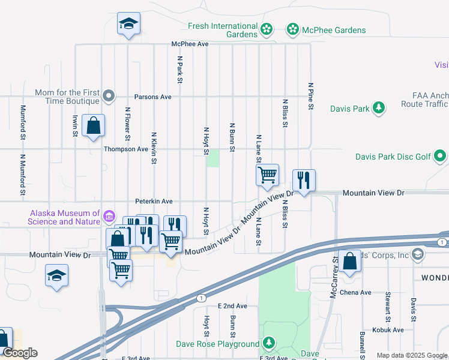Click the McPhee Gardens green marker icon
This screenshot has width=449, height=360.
(292, 29)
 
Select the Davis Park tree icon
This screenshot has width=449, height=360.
(379, 108)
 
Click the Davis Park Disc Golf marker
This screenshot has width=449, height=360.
(441, 157)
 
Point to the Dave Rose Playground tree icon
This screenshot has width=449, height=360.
(270, 344)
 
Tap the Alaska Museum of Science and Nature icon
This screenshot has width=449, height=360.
(109, 216)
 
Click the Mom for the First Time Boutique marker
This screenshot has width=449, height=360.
(109, 95)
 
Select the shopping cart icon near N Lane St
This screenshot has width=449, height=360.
(267, 175)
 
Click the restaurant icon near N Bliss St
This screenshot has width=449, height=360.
(304, 179)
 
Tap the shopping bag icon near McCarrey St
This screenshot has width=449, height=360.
(349, 262)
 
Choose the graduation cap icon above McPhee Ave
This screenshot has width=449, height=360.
(128, 24)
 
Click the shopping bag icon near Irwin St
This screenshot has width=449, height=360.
(93, 126)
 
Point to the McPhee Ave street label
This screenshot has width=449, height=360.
(190, 44)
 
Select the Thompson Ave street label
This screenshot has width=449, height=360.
(125, 149)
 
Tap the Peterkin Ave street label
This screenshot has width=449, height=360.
(154, 202)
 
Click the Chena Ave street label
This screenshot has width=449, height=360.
(357, 293)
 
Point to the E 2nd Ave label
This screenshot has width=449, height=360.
(232, 306)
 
